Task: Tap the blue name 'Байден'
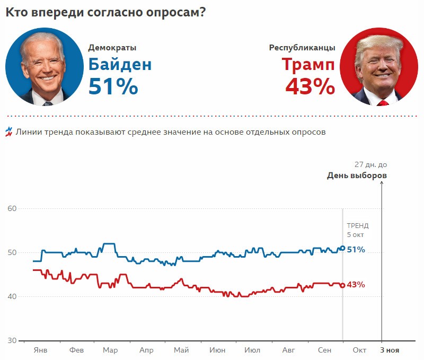tap(120, 65)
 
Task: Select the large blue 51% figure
tap(113, 86)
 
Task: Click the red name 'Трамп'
tap(308, 65)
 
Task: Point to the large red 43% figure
tap(310, 86)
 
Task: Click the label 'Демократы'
tap(112, 47)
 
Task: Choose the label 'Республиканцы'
tap(302, 47)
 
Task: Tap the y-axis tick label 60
tap(12, 208)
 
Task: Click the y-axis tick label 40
tap(12, 296)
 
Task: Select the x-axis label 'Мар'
tap(110, 350)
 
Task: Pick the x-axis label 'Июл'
tap(252, 350)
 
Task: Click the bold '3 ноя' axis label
tap(390, 350)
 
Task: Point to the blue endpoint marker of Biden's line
tap(342, 248)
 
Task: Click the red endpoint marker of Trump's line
tap(342, 285)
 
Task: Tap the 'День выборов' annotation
tap(357, 175)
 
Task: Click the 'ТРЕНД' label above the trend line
tap(357, 225)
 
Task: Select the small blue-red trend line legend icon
tap(8, 131)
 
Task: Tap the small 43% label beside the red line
tap(356, 285)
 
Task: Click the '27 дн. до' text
tap(370, 165)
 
